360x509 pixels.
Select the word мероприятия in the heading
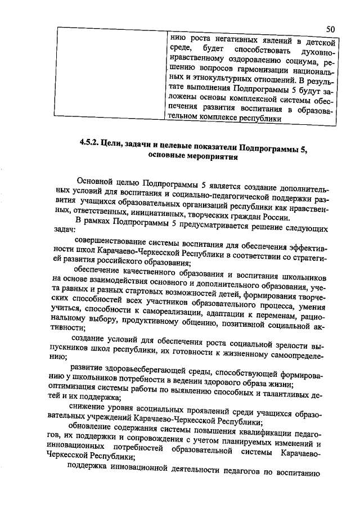pos(211,158)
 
